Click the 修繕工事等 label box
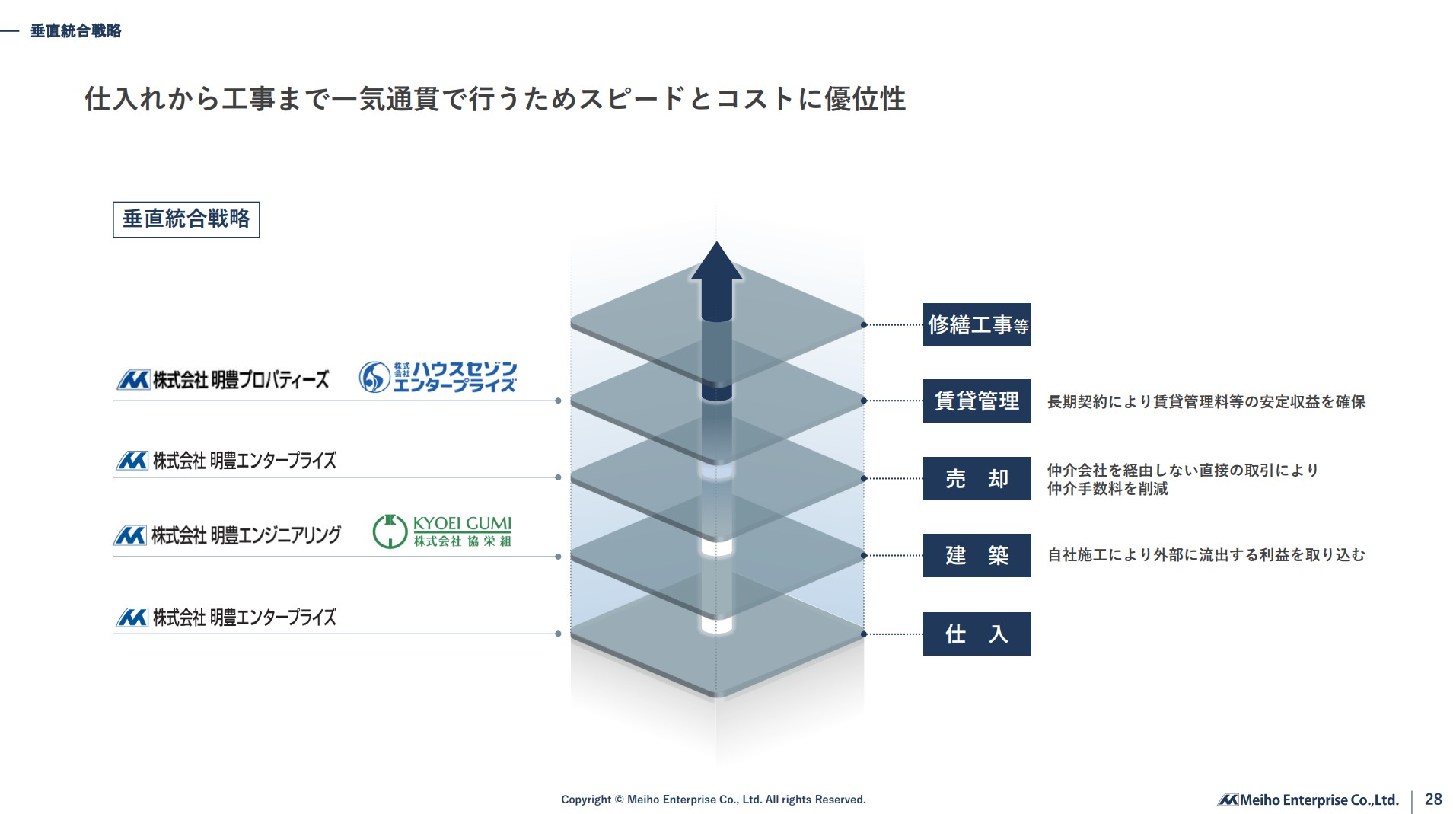point(977,325)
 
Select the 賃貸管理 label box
point(977,401)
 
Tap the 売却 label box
point(977,479)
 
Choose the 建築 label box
point(977,556)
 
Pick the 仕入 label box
point(977,634)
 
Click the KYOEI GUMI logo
point(442,531)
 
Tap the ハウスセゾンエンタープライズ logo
point(438,378)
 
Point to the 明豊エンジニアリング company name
point(227,535)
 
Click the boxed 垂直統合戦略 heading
point(186,219)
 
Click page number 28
point(1433,799)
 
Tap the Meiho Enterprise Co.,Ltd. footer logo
point(1308,800)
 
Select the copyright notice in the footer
point(713,800)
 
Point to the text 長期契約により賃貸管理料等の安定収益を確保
point(1206,402)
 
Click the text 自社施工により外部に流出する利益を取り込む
point(1206,555)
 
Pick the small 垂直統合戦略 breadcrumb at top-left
point(75,31)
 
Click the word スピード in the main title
point(631,99)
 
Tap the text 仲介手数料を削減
point(1107,489)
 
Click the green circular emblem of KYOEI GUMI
point(390,531)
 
